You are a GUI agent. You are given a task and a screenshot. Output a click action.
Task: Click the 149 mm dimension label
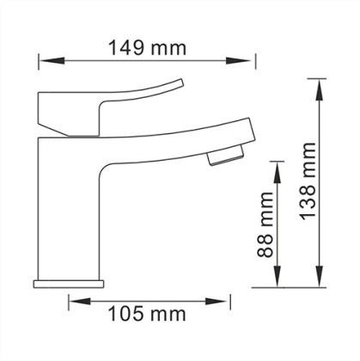147,48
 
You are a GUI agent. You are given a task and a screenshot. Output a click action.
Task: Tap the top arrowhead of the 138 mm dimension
320,85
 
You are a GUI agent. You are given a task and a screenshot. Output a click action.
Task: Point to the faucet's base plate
68,283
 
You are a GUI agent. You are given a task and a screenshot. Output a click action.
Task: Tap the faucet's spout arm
172,142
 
